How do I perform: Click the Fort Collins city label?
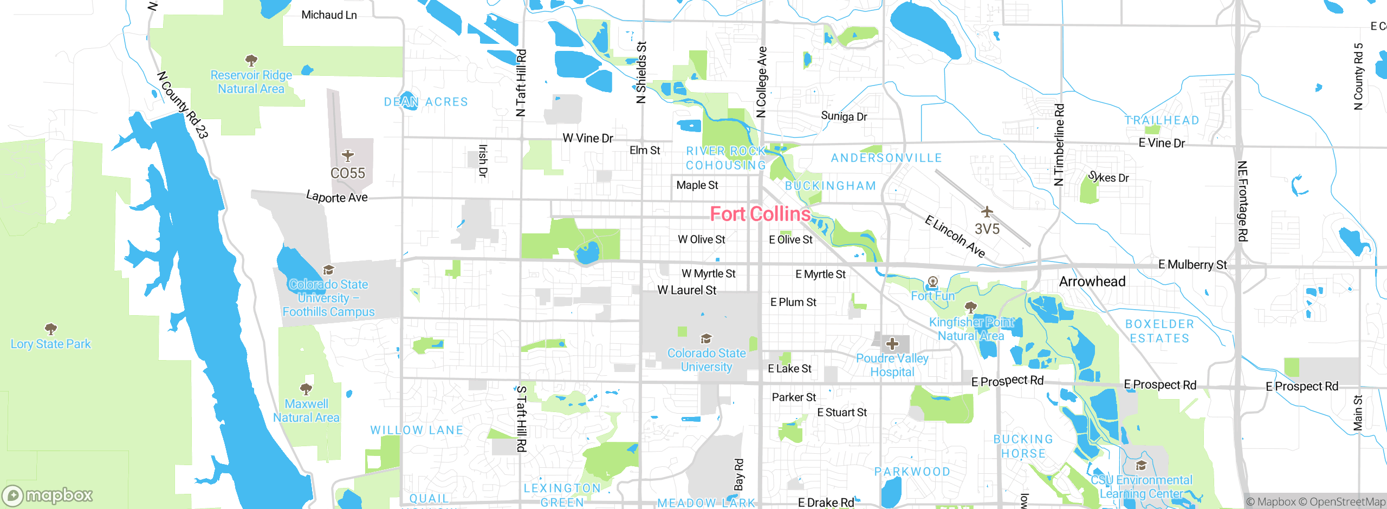(760, 214)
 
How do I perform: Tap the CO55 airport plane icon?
(348, 156)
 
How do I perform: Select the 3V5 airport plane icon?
(987, 211)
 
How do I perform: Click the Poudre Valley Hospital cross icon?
(892, 344)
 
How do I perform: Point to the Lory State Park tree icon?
(51, 329)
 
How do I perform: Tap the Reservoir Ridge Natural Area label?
(251, 82)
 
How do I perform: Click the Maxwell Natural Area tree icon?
(306, 389)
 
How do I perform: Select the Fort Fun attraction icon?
(932, 282)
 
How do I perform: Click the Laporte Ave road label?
(336, 197)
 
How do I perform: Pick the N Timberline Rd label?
(1059, 145)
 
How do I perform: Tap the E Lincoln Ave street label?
(955, 237)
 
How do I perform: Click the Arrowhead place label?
(1092, 282)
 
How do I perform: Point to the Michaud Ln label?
(329, 15)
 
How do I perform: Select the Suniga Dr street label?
(844, 116)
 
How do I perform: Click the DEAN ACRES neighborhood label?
(426, 102)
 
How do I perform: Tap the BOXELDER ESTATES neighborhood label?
(1159, 331)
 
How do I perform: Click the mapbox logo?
(48, 495)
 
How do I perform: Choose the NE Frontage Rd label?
(1242, 201)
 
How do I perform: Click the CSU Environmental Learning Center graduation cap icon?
(1141, 466)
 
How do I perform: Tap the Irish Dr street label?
(482, 161)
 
